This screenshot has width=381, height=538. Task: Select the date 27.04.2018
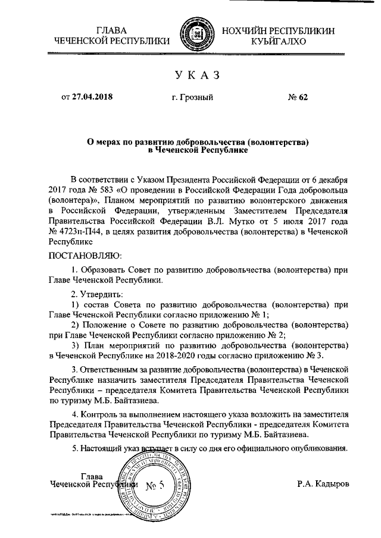coord(92,97)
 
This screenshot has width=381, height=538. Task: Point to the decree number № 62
coord(297,97)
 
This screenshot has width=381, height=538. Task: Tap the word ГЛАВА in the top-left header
coord(112,29)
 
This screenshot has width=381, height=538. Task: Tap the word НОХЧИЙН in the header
coord(251,29)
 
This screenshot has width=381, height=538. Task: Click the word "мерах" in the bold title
coord(113,143)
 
